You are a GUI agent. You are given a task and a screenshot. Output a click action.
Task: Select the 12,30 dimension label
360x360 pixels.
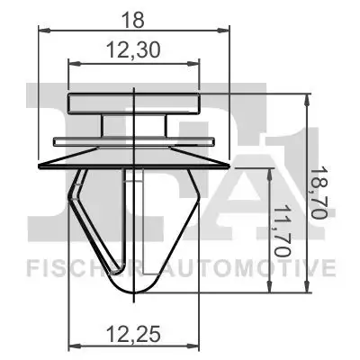coord(133,49)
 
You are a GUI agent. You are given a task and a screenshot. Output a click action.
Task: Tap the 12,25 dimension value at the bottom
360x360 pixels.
coord(133,334)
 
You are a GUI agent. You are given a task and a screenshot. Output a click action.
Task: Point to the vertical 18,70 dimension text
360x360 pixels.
coord(319,193)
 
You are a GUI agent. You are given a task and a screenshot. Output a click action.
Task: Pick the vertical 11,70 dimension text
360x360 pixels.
coord(283,231)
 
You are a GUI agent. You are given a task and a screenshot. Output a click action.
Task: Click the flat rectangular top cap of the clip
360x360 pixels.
coord(134,103)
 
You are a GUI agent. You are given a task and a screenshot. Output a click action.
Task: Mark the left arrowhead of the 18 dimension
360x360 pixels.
coord(44,30)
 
